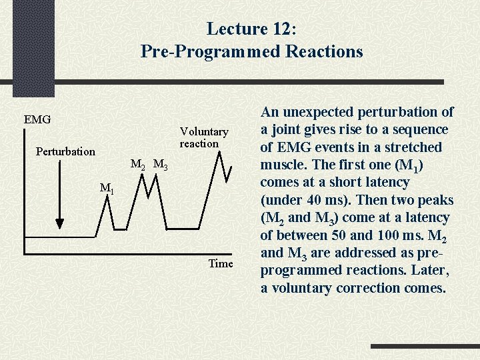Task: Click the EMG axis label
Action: click(x=37, y=120)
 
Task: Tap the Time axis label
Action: click(x=221, y=263)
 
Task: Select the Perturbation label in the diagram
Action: click(x=65, y=151)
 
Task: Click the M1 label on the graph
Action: click(x=107, y=189)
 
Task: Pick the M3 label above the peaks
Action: click(x=161, y=164)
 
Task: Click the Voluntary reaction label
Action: click(x=203, y=137)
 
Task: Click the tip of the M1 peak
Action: click(x=107, y=200)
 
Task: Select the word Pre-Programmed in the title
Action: click(x=211, y=51)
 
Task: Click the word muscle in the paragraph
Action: click(x=283, y=165)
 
